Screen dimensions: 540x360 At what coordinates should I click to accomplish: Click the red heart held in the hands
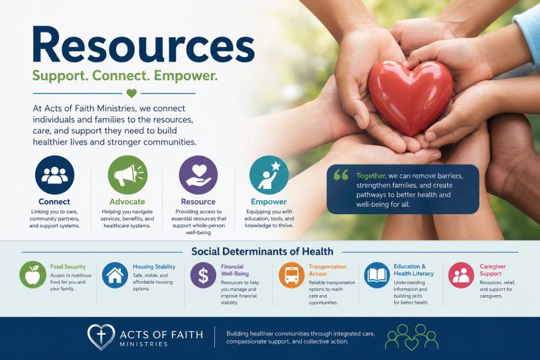411,97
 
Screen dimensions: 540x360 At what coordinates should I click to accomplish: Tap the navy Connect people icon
54,175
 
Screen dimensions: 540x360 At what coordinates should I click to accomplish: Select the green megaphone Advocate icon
127,175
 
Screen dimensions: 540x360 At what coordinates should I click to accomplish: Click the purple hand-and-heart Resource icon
198,175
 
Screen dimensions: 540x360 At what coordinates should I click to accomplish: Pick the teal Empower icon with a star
269,175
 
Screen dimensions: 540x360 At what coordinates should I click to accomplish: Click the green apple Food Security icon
33,274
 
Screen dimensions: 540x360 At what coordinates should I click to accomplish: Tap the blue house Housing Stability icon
115,275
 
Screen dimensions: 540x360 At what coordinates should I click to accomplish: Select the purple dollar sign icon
203,275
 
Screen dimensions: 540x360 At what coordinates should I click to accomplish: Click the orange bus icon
291,275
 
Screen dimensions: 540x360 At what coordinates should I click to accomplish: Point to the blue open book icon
377,275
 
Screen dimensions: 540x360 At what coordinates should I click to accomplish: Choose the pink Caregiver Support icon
461,275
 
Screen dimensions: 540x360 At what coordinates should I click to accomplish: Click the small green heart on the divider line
131,93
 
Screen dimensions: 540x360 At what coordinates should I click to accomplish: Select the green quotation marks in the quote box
341,175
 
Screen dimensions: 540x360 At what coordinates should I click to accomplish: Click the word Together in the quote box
371,176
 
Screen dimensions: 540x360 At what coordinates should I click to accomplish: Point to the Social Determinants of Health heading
263,251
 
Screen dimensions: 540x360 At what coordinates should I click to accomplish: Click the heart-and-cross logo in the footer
101,337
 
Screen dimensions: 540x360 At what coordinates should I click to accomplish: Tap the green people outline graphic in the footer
411,337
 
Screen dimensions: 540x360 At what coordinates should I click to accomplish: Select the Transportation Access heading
328,270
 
